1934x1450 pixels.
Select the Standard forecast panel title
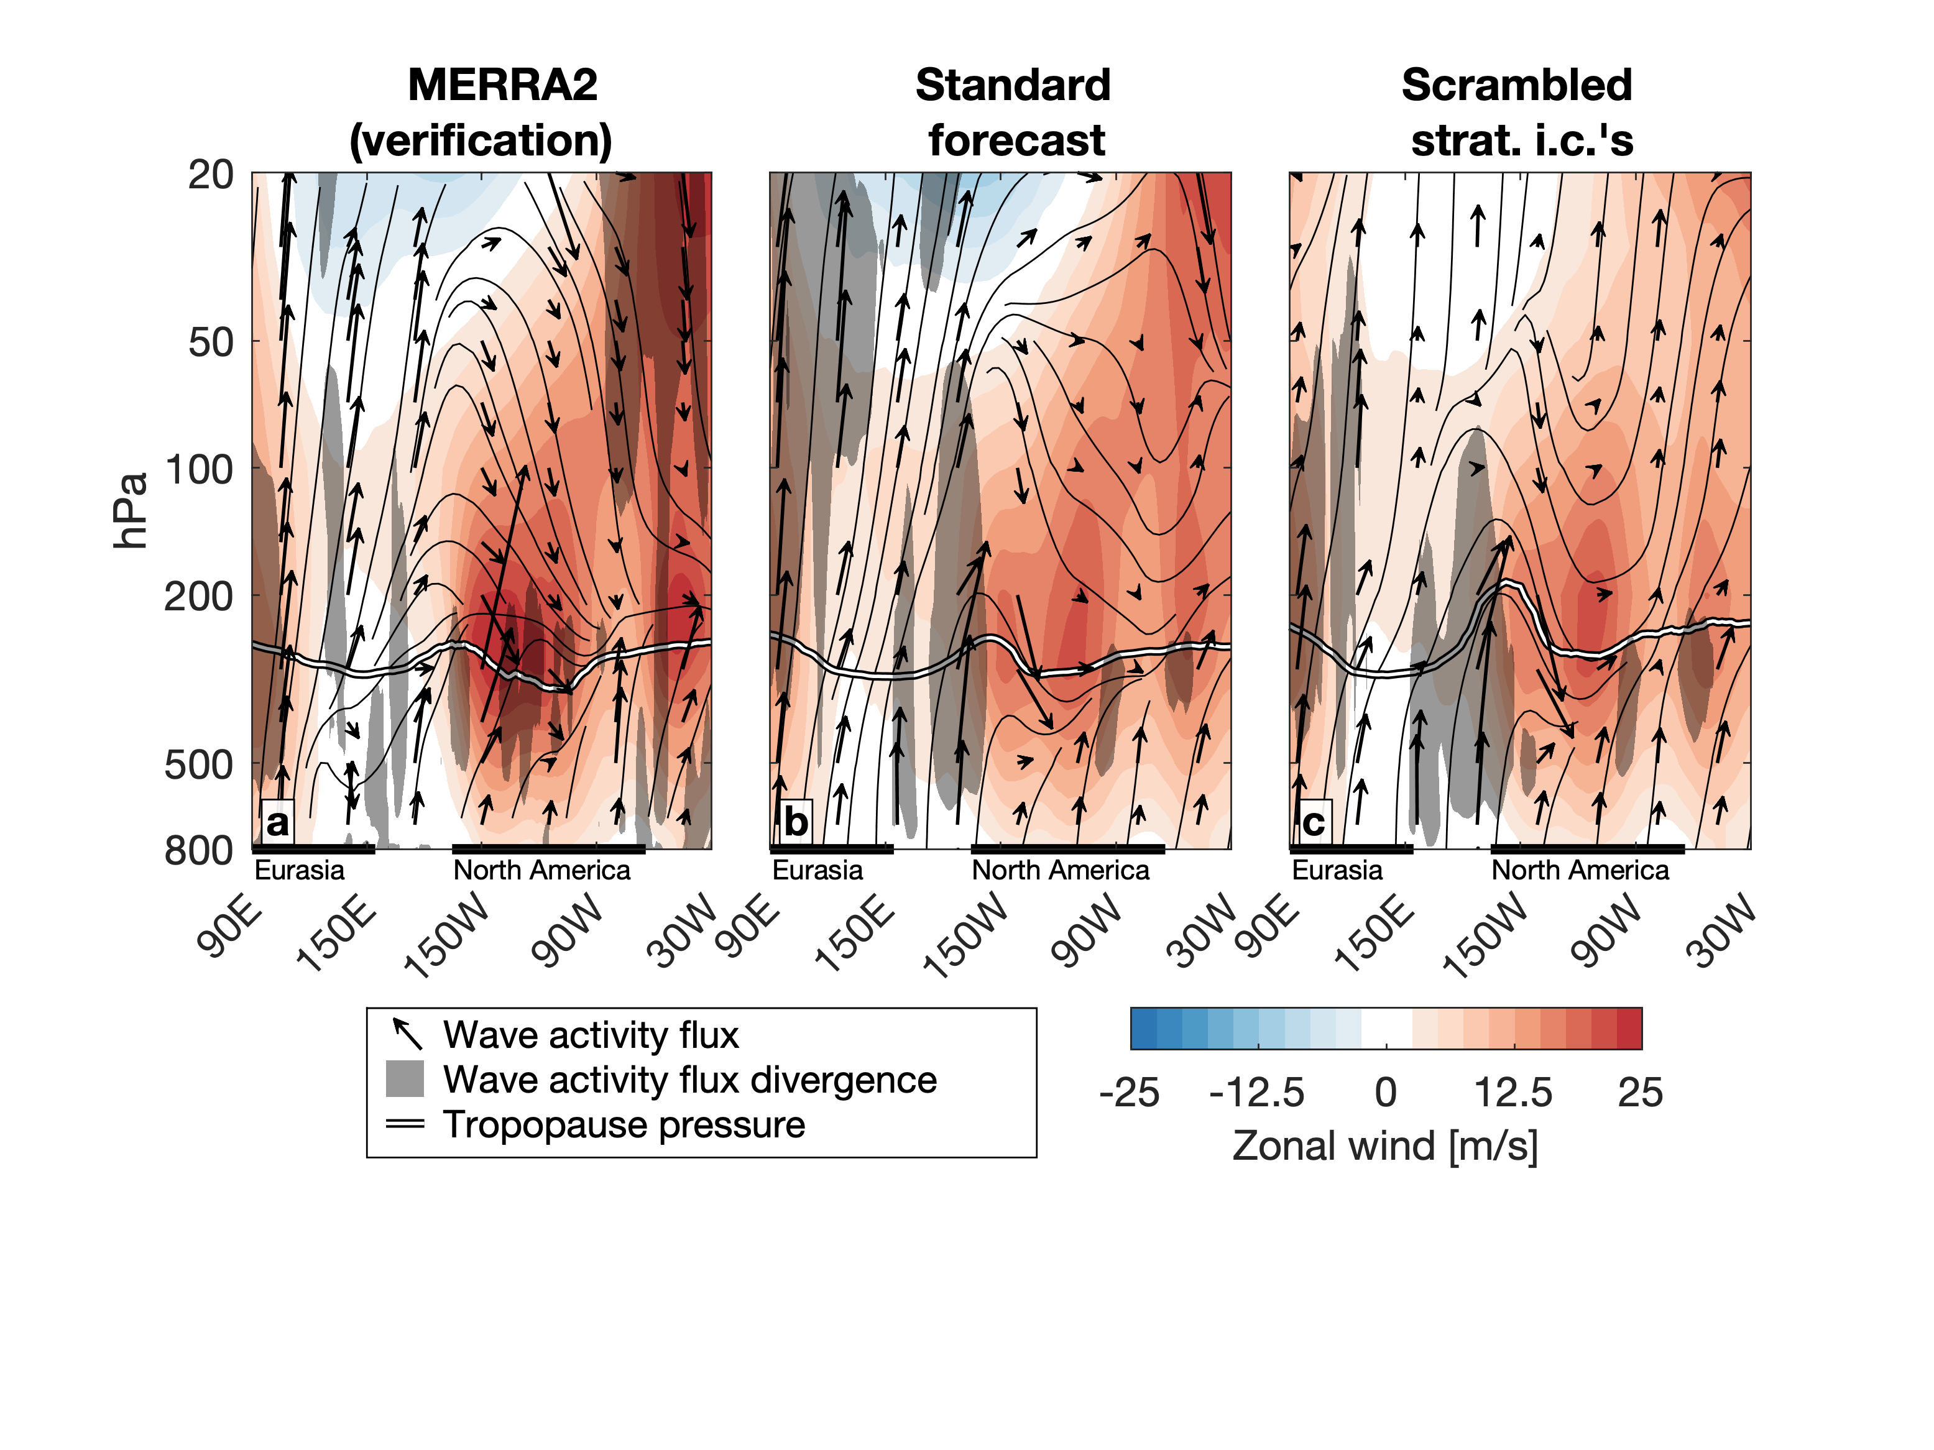pyautogui.click(x=1013, y=112)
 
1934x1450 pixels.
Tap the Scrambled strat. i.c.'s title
pyautogui.click(x=1518, y=112)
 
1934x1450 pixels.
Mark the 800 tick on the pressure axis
pyautogui.click(x=200, y=850)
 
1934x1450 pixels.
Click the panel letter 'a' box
pyautogui.click(x=277, y=822)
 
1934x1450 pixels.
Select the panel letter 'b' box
pyautogui.click(x=794, y=822)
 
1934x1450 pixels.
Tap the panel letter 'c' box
pyautogui.click(x=1313, y=822)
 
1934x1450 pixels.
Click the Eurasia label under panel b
pyautogui.click(x=817, y=871)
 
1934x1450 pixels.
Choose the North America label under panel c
pyautogui.click(x=1580, y=871)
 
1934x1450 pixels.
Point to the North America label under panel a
pyautogui.click(x=541, y=871)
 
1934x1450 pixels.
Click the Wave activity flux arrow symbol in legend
pyautogui.click(x=407, y=1033)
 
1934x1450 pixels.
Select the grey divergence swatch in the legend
pyautogui.click(x=405, y=1078)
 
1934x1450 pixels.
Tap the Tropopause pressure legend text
pyautogui.click(x=624, y=1125)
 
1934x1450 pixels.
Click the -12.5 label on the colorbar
pyautogui.click(x=1256, y=1093)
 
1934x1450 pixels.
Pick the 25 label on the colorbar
pyautogui.click(x=1639, y=1093)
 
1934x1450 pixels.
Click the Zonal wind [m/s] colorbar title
pyautogui.click(x=1385, y=1146)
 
